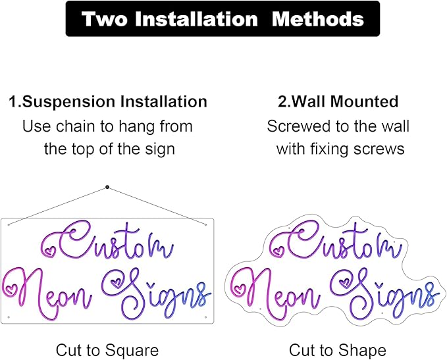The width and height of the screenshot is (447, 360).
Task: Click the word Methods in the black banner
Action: tap(318, 19)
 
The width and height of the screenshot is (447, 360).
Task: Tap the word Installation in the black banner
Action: tap(196, 19)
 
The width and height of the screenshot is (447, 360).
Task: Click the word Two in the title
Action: tap(104, 19)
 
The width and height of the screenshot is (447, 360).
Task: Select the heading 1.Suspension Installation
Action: tap(108, 102)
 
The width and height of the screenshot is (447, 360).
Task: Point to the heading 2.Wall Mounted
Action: tap(338, 101)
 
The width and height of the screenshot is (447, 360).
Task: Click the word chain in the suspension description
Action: tap(75, 126)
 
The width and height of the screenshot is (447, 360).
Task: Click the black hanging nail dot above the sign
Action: tap(107, 187)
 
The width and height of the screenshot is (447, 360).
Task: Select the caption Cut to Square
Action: tap(107, 350)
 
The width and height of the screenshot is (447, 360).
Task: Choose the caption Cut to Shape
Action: tap(338, 350)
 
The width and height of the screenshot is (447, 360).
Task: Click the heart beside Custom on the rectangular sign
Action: tap(51, 251)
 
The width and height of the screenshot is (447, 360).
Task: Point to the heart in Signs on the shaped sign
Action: tap(345, 282)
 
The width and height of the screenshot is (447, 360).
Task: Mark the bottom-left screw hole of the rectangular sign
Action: tap(9, 317)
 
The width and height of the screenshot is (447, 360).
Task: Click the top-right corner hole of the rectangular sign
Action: tap(205, 224)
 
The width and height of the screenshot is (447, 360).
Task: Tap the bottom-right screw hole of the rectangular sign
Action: tap(205, 317)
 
